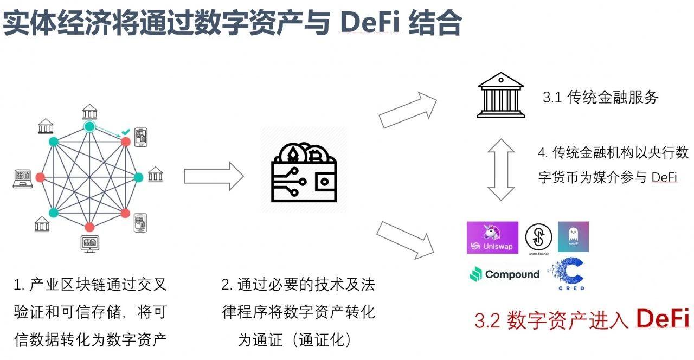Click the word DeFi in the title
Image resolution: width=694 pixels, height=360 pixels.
[370, 23]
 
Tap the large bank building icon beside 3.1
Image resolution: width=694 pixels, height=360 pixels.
[500, 98]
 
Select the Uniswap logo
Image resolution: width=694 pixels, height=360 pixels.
[492, 237]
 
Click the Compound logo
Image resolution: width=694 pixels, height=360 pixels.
[504, 274]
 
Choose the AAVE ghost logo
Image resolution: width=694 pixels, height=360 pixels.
[573, 237]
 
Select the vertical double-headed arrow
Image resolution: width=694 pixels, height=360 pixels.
[500, 170]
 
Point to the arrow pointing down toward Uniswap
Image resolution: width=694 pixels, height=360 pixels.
[406, 239]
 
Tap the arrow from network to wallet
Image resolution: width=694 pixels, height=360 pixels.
[214, 176]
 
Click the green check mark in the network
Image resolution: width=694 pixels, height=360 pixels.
[125, 132]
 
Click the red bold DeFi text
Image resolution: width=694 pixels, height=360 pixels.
[663, 319]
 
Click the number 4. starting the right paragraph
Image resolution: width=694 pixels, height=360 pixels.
[543, 153]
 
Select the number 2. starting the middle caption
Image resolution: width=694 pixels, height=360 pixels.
[227, 285]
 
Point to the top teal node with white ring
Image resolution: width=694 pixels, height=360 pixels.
[90, 127]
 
